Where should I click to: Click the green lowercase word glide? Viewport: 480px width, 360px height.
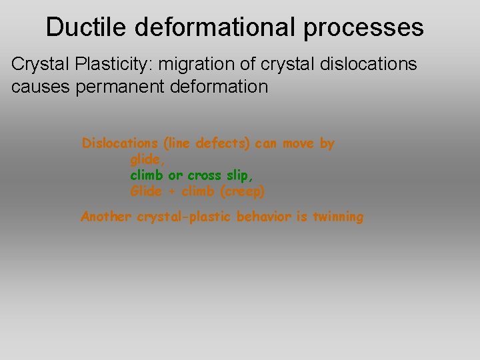[145, 160]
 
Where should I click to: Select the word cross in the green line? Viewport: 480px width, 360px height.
[206, 176]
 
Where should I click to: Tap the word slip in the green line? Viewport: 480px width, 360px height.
[242, 176]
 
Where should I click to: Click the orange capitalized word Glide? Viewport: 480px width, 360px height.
[145, 192]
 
